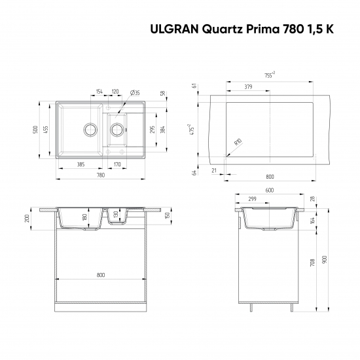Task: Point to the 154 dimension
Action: click(99, 92)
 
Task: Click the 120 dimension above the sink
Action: click(115, 92)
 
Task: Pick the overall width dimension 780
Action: click(101, 175)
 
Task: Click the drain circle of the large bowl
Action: click(88, 128)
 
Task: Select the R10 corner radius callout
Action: click(238, 143)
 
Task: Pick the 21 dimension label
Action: click(214, 170)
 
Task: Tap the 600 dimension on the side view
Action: click(270, 190)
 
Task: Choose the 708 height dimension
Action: click(314, 262)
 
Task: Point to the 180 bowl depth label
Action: click(84, 217)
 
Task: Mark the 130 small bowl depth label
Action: click(116, 214)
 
